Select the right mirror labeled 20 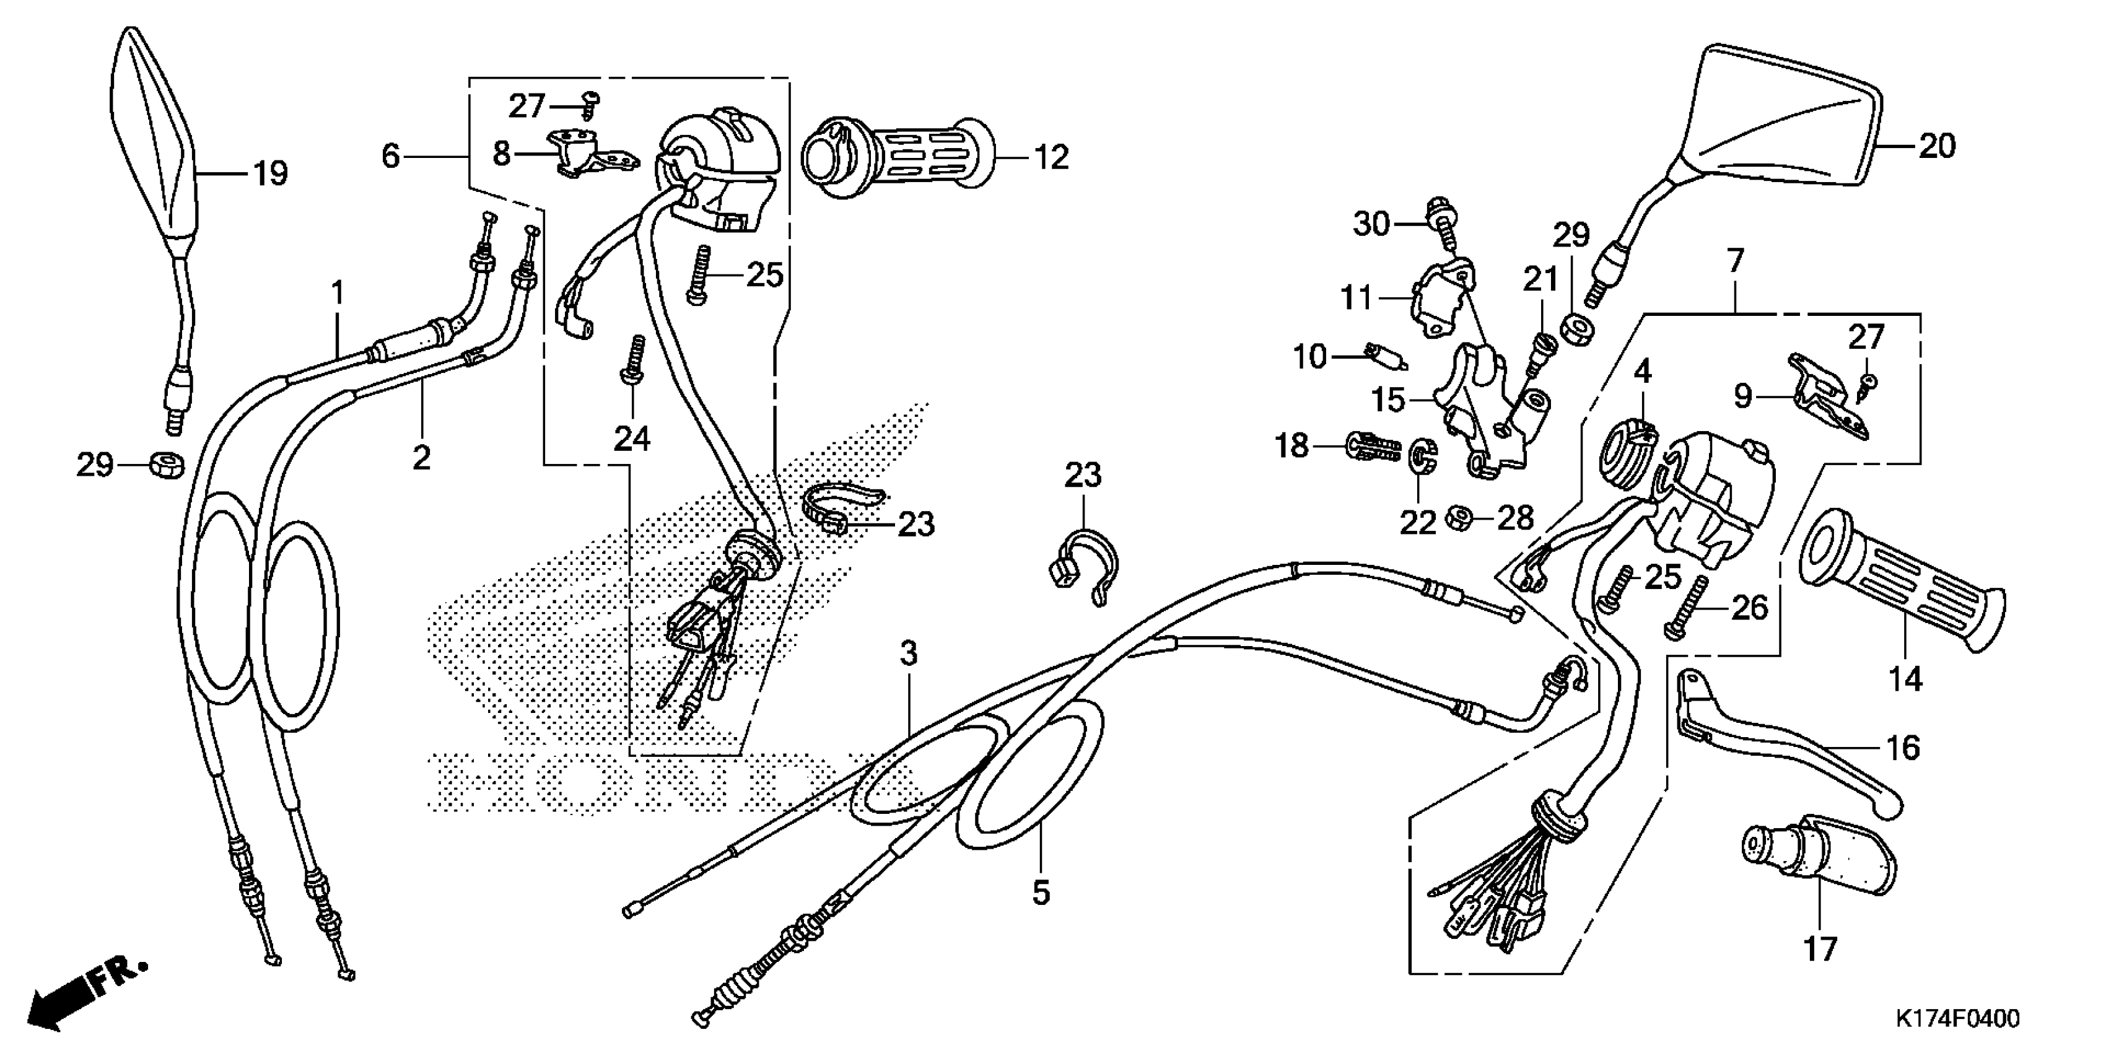click(x=1791, y=123)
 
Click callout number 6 click(x=391, y=155)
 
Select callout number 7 click(x=1735, y=261)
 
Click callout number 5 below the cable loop click(x=1040, y=893)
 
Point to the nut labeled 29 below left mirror click(x=166, y=466)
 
